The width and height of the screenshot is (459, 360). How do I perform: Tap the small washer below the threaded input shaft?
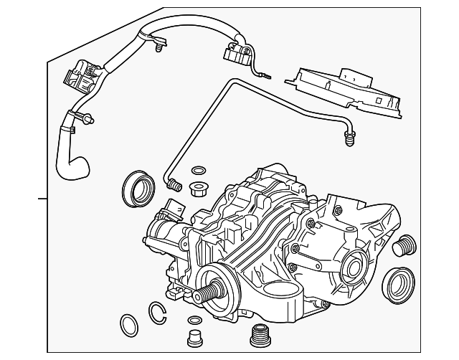point(193,319)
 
